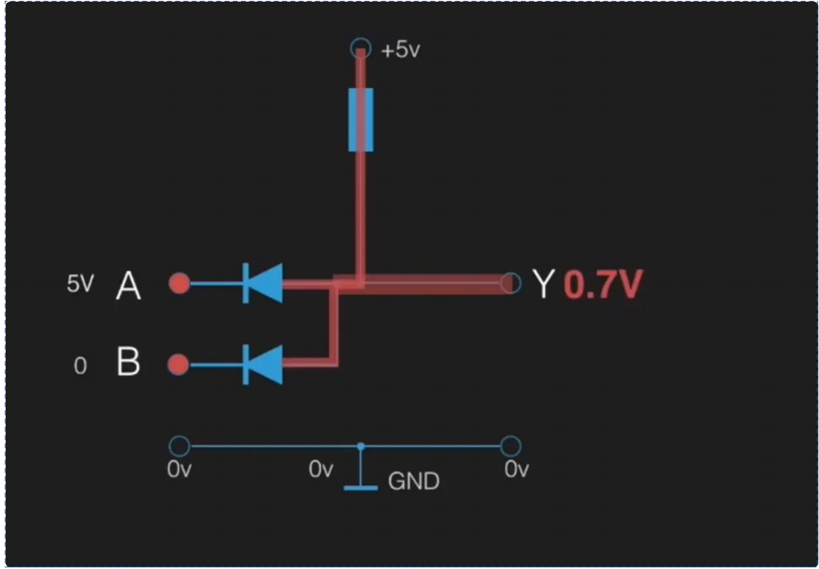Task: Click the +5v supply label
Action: [401, 50]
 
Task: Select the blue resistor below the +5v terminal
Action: [361, 120]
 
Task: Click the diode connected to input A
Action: [263, 283]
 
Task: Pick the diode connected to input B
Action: [263, 364]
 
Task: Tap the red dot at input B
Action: [179, 364]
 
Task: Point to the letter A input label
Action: [128, 286]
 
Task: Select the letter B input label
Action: [128, 363]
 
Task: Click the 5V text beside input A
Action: [80, 284]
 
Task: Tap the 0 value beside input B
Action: [80, 366]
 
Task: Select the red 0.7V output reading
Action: [603, 284]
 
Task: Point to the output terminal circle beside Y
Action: [510, 283]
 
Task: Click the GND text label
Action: [413, 481]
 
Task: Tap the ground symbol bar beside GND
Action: [361, 488]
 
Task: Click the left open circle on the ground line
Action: [179, 446]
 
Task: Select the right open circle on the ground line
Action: [510, 446]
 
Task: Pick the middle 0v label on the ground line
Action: [320, 470]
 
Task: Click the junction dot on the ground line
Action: [361, 446]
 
